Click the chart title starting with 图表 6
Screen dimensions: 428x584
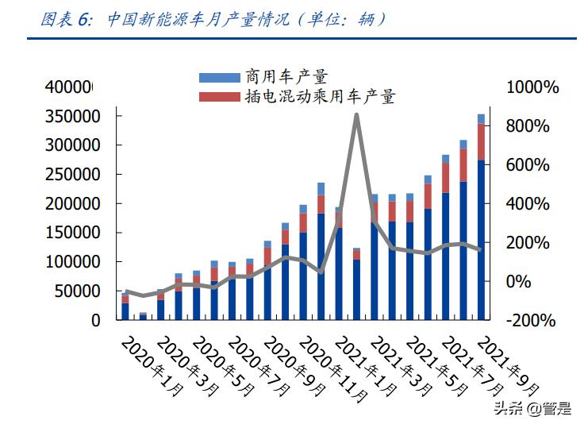point(214,19)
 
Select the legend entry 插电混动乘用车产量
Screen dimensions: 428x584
point(321,97)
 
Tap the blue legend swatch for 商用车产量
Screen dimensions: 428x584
point(218,77)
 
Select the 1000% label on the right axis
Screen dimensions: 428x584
point(533,87)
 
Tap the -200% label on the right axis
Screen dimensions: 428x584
point(529,321)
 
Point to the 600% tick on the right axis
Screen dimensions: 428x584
point(529,165)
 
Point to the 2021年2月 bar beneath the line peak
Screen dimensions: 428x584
point(356,286)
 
